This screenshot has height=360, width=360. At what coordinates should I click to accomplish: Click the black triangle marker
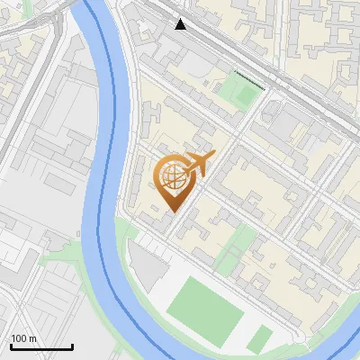(x=181, y=24)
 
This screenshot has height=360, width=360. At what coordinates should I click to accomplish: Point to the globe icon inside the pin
(x=173, y=177)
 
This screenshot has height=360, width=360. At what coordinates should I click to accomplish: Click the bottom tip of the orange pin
(x=174, y=211)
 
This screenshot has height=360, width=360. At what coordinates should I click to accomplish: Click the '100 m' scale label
(x=23, y=338)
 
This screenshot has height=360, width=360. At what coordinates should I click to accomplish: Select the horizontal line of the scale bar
(x=41, y=347)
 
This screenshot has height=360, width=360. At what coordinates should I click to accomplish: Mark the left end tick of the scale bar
(x=10, y=346)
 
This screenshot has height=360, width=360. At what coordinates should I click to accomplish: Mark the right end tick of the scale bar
(x=73, y=346)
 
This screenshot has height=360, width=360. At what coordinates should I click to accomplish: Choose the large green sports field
(x=206, y=305)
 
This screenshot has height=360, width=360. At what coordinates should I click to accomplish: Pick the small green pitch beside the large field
(x=260, y=339)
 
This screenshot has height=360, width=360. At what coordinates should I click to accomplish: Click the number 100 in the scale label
(x=19, y=338)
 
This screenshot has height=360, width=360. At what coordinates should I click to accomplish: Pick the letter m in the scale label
(x=32, y=338)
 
